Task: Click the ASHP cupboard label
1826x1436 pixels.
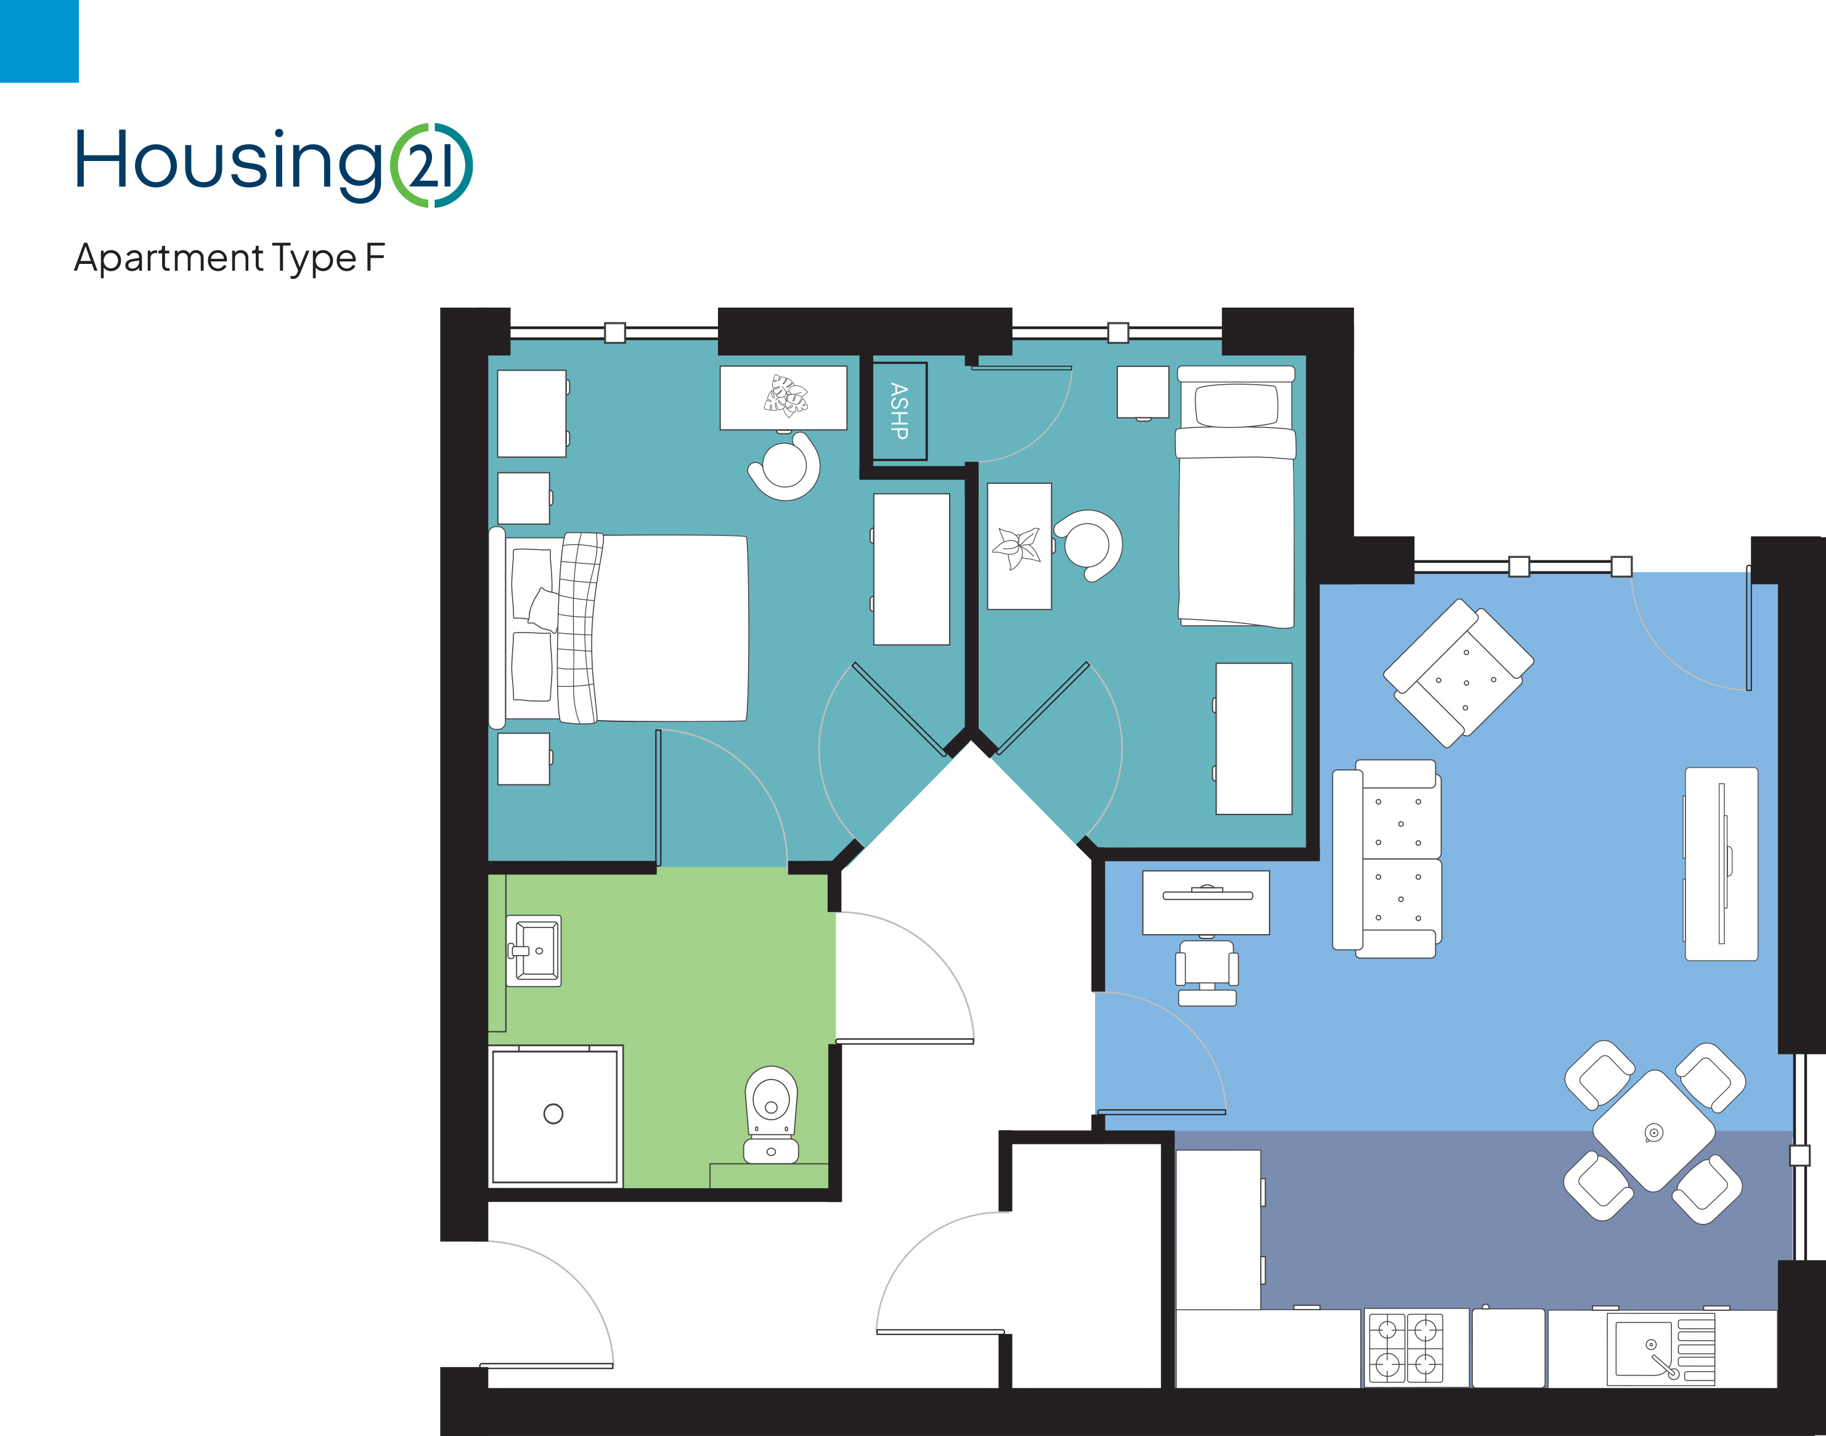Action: (899, 411)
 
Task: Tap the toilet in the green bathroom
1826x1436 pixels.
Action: (770, 1114)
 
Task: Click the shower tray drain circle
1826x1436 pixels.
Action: (553, 1114)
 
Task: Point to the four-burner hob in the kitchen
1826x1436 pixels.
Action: (1406, 1348)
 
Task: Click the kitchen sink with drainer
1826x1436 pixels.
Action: (1660, 1348)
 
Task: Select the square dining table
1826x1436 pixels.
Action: (1653, 1131)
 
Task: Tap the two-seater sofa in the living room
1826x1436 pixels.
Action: (1387, 858)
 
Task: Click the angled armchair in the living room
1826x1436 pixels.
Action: (1458, 673)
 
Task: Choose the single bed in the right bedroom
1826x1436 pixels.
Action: (1235, 497)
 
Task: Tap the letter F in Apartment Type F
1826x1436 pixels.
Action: (376, 256)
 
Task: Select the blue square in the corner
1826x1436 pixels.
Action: (39, 41)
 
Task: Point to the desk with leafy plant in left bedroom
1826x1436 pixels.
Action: (783, 398)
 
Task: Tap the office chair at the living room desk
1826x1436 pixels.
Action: (1207, 972)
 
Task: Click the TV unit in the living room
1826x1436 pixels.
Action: (1721, 863)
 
